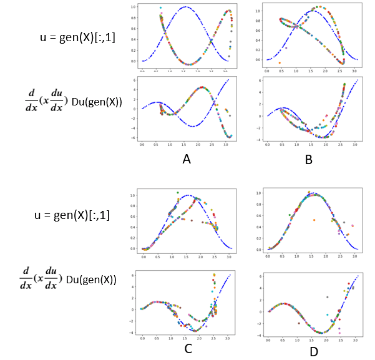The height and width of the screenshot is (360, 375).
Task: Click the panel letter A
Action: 186,160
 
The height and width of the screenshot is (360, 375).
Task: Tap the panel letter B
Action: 308,160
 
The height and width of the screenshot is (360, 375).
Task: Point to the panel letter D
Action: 313,352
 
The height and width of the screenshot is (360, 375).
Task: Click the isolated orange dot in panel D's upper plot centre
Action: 314,220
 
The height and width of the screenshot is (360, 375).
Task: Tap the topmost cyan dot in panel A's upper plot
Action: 161,8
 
